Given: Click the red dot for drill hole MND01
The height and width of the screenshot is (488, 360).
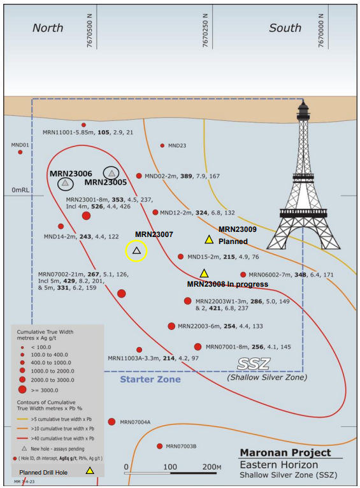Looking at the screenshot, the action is tap(20, 152).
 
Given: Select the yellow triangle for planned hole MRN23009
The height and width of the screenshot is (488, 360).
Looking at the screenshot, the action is tap(209, 240).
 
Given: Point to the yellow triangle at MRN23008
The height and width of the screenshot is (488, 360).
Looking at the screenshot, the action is tap(204, 273).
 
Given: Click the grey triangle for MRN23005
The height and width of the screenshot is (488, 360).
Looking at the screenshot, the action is tap(112, 173).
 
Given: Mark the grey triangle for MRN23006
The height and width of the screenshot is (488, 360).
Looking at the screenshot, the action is tap(65, 183).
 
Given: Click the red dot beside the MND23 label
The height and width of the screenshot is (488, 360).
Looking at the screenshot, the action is tap(162, 145).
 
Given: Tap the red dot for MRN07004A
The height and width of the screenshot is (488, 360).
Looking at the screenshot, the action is tap(112, 422).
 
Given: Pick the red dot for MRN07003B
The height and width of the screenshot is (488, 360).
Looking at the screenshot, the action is tap(160, 447).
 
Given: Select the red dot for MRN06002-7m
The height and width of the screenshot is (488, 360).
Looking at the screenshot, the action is tap(243, 275).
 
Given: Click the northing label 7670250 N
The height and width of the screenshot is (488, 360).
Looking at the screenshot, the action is tap(205, 30).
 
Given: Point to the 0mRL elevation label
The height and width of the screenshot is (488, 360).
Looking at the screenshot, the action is tap(20, 190).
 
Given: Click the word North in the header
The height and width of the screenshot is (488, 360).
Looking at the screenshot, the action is tap(48, 28).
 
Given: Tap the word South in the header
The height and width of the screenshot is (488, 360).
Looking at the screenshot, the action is tap(285, 28).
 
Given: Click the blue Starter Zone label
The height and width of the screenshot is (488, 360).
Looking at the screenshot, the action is tap(150, 380).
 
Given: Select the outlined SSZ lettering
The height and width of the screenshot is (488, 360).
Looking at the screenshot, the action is tap(254, 364).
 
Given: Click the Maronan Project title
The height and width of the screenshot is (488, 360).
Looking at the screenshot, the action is tap(285, 452).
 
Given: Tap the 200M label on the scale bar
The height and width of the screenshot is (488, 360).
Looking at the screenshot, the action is tap(212, 467).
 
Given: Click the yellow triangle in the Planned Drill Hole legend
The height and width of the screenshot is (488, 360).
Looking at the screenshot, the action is tap(90, 470).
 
